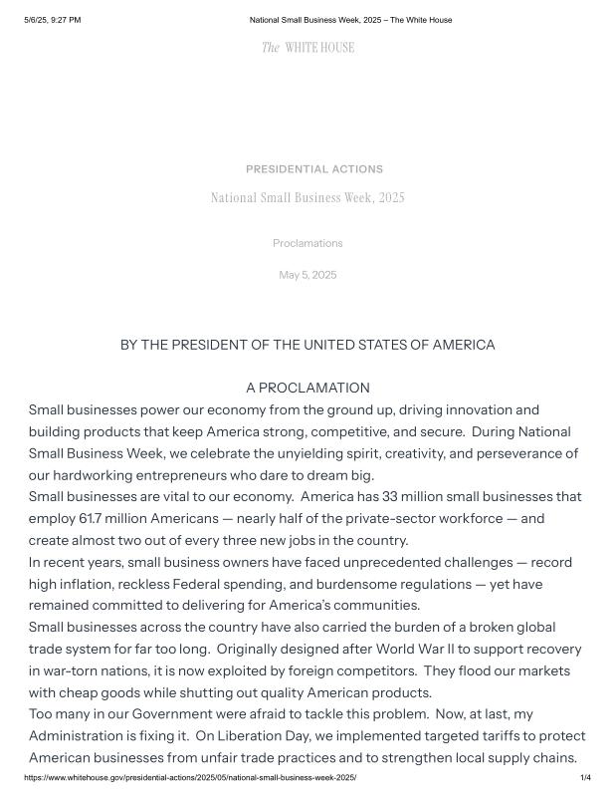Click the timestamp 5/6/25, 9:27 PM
pyautogui.click(x=53, y=20)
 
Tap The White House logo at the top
pyautogui.click(x=307, y=47)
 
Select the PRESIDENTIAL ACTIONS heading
pyautogui.click(x=313, y=169)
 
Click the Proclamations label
pyautogui.click(x=307, y=243)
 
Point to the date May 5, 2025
pyautogui.click(x=307, y=275)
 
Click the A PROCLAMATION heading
pyautogui.click(x=307, y=388)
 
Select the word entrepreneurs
pyautogui.click(x=218, y=475)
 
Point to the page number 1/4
pyautogui.click(x=585, y=776)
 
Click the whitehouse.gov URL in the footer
pyautogui.click(x=190, y=776)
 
